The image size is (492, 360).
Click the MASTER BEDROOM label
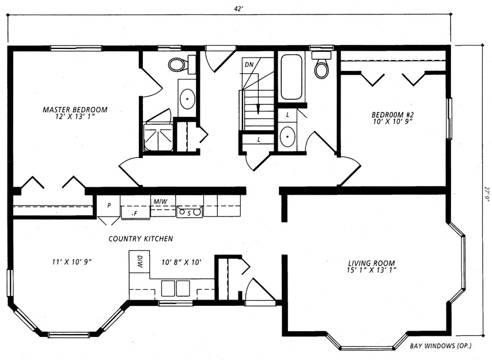(x=75, y=110)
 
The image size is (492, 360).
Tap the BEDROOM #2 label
(x=391, y=115)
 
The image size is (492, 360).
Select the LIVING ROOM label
(x=372, y=263)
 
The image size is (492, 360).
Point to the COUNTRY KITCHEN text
(x=141, y=238)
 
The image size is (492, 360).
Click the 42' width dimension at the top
(x=239, y=9)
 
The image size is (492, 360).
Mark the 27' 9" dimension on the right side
(x=487, y=195)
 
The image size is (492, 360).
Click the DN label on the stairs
(x=249, y=65)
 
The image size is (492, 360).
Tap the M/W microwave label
(x=160, y=202)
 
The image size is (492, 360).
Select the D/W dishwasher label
(x=139, y=262)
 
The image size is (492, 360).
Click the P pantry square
(x=108, y=206)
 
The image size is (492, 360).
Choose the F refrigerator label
(x=136, y=214)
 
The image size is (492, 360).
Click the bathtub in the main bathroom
(x=291, y=77)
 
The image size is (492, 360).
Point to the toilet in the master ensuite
(x=182, y=65)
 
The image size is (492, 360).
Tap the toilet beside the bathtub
(x=321, y=65)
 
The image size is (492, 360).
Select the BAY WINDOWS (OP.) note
(x=441, y=346)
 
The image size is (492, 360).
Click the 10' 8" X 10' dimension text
(x=181, y=262)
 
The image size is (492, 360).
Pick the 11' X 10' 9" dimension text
(x=72, y=262)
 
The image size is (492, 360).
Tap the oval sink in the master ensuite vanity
(x=187, y=98)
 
